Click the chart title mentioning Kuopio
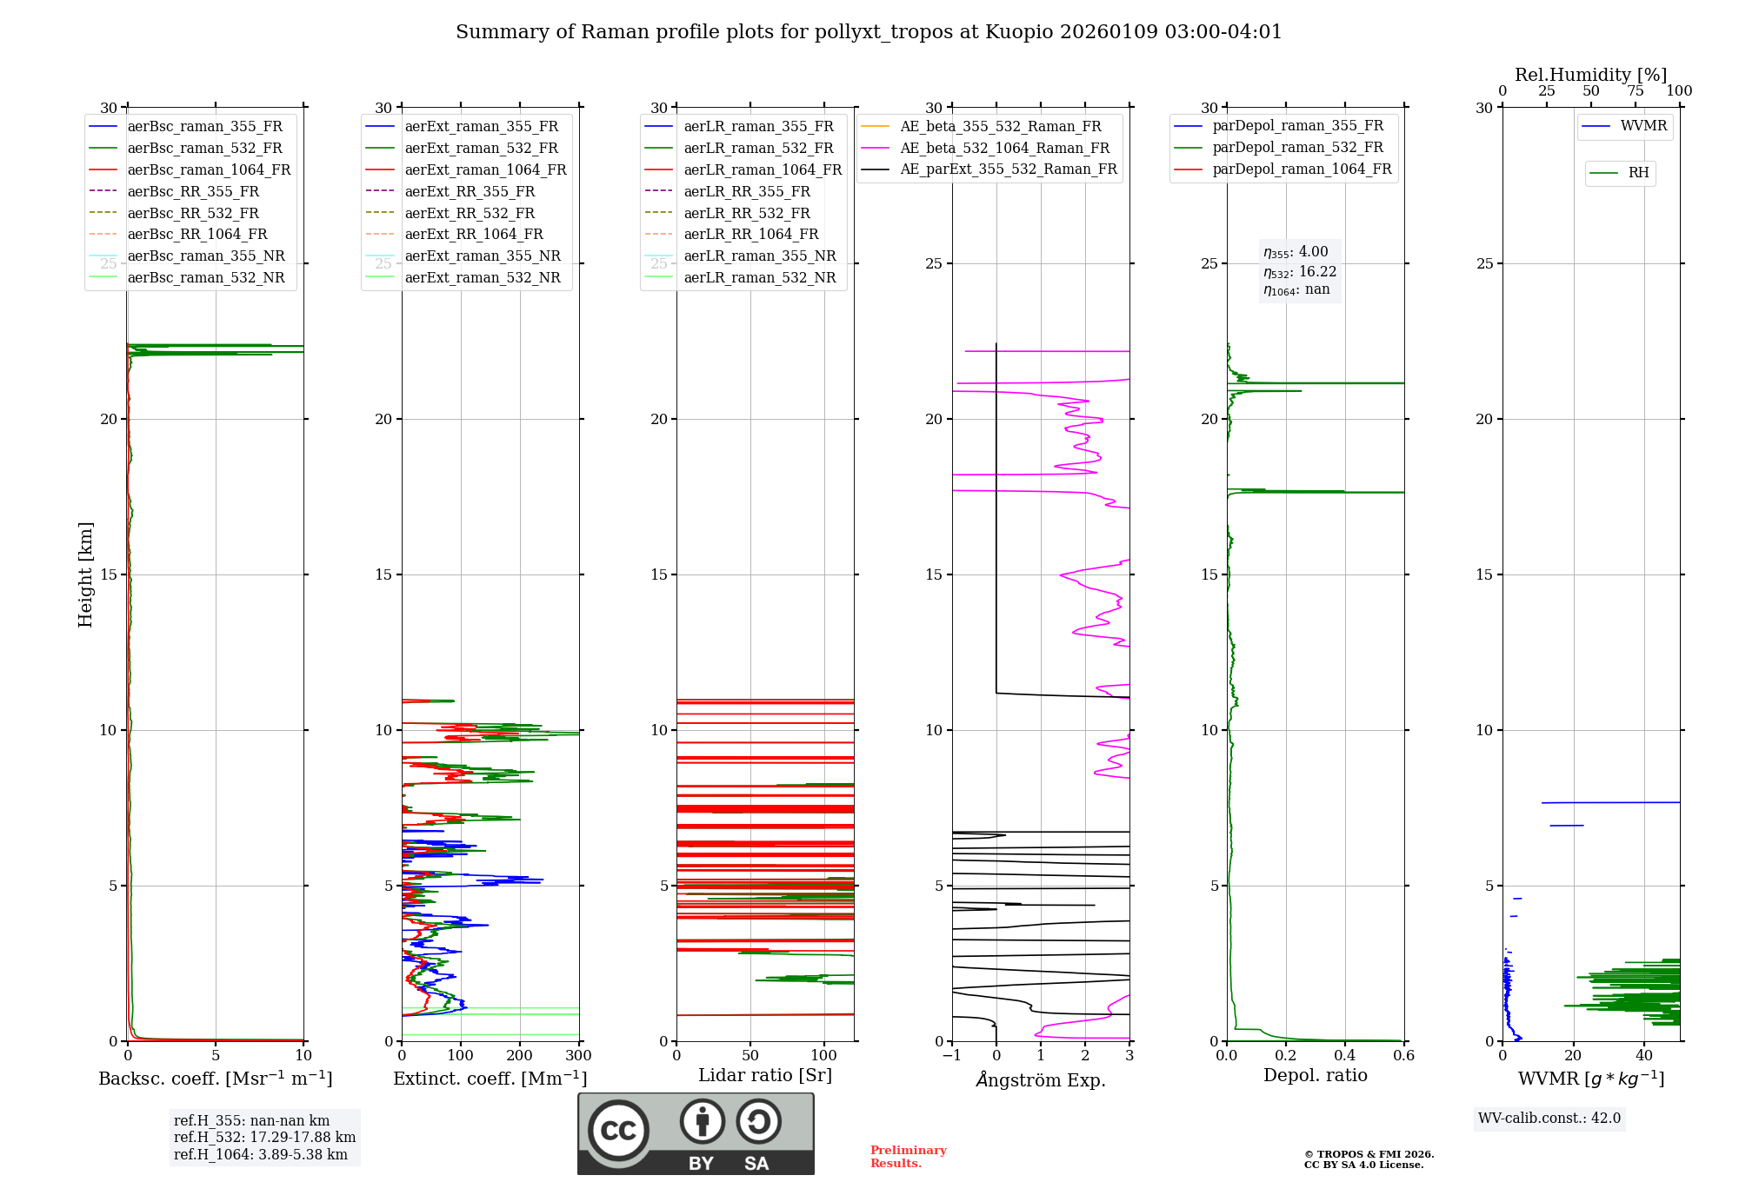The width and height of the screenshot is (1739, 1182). pyautogui.click(x=869, y=32)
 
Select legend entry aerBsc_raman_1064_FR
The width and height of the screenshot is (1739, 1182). pyautogui.click(x=209, y=170)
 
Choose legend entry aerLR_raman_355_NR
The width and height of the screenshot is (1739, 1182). pyautogui.click(x=759, y=256)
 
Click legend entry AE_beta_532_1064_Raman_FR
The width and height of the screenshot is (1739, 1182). pyautogui.click(x=1004, y=149)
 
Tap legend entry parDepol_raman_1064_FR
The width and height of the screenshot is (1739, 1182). pyautogui.click(x=1302, y=169)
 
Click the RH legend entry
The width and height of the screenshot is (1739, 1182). pyautogui.click(x=1638, y=173)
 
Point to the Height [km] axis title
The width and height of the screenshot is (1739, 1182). pyautogui.click(x=85, y=574)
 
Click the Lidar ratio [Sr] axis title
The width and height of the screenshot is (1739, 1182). pyautogui.click(x=765, y=1076)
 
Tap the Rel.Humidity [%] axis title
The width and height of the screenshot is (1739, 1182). pyautogui.click(x=1590, y=75)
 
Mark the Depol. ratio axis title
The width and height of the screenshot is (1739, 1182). pyautogui.click(x=1315, y=1076)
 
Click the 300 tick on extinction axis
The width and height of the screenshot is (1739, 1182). pyautogui.click(x=578, y=1056)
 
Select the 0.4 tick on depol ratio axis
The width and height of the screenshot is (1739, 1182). pyautogui.click(x=1345, y=1056)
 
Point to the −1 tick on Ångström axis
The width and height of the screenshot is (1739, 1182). pyautogui.click(x=952, y=1056)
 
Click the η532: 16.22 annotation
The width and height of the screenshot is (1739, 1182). pyautogui.click(x=1300, y=272)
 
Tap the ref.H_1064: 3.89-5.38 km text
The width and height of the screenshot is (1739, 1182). pyautogui.click(x=261, y=1155)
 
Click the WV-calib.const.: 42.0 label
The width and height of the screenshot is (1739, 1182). pyautogui.click(x=1549, y=1119)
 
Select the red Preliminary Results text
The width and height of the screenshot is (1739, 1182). pyautogui.click(x=908, y=1157)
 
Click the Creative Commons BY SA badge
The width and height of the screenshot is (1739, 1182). pyautogui.click(x=696, y=1133)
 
